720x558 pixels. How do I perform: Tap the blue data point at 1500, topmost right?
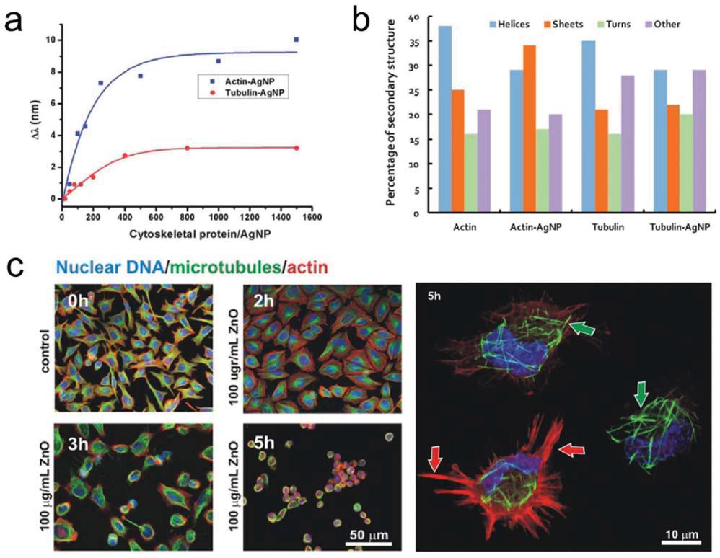point(296,39)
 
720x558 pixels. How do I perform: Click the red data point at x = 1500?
point(296,148)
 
